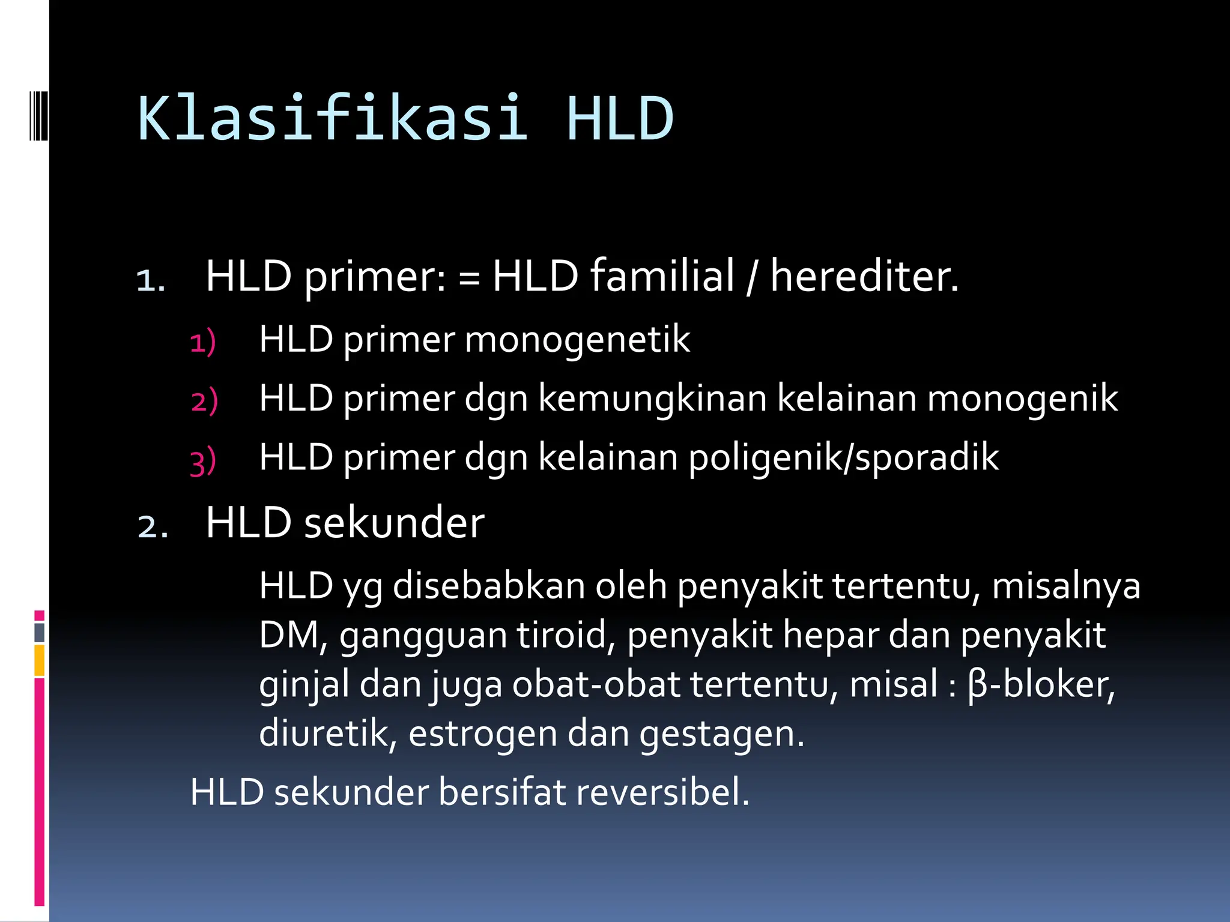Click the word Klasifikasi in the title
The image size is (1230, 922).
[x=333, y=119]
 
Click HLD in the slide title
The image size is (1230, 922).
[x=620, y=119]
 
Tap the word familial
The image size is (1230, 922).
[x=662, y=277]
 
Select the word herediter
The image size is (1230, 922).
[x=864, y=277]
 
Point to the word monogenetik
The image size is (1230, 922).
[x=577, y=340]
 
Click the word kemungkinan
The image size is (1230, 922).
[x=652, y=399]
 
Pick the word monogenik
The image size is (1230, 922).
[x=1022, y=399]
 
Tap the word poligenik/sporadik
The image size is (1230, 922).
[x=843, y=457]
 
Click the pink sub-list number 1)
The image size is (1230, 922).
[x=203, y=343]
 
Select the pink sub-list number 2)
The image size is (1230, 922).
[x=204, y=402]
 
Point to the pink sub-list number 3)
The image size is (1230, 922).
[x=203, y=462]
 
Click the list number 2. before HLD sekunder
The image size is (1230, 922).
[x=153, y=526]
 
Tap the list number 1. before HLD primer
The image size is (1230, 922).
[x=151, y=280]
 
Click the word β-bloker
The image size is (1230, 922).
[x=1041, y=685]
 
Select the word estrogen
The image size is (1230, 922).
[x=482, y=734]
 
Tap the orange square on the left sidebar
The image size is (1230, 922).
[x=40, y=660]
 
